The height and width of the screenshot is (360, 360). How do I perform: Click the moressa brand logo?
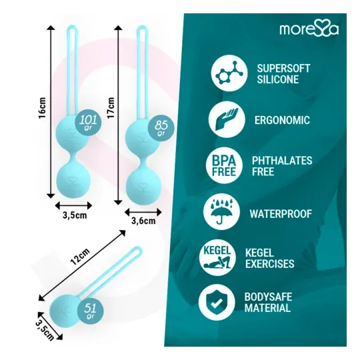[309, 29]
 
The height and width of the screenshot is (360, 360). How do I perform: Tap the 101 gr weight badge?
[89, 122]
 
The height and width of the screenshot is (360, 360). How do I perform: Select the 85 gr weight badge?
[161, 128]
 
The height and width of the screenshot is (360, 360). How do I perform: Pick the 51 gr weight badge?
[91, 311]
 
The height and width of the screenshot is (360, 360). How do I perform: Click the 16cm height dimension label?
[42, 108]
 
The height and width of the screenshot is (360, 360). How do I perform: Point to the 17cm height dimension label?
[111, 108]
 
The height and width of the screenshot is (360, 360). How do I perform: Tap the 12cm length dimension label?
[80, 257]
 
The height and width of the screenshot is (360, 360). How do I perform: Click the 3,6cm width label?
[143, 221]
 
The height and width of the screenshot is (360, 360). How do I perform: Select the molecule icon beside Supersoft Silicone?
[229, 73]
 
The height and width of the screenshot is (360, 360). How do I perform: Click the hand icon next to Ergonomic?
[227, 119]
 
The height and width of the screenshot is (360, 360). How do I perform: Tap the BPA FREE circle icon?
[224, 165]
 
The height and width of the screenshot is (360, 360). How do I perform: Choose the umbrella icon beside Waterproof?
[221, 212]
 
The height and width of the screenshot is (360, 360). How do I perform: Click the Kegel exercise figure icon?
[217, 257]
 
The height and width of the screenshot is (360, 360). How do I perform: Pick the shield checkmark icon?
[217, 303]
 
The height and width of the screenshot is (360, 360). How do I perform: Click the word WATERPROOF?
[281, 214]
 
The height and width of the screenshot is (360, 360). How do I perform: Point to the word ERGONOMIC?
[282, 120]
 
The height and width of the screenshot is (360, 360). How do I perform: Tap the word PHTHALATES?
[282, 161]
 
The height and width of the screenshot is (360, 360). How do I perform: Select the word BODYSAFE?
[268, 297]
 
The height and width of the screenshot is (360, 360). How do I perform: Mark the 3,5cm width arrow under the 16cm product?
[73, 206]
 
